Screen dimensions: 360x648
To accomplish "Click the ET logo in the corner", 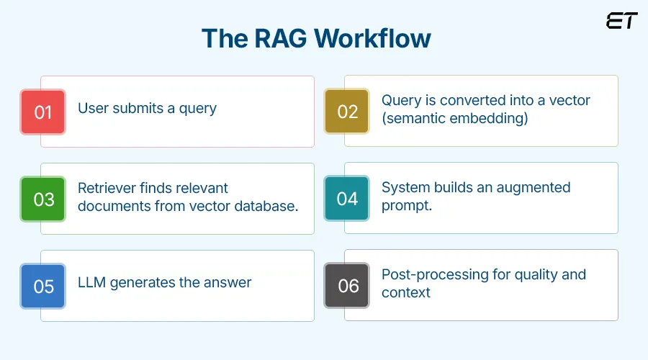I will click(621, 21).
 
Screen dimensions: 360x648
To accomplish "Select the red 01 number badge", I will click(43, 112).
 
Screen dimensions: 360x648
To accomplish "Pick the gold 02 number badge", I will click(347, 112).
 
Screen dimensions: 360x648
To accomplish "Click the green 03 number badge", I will click(43, 199).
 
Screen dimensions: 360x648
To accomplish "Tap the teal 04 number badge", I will click(347, 198).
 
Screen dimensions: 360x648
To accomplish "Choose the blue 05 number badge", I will click(43, 286).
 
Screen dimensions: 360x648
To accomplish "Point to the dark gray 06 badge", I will click(348, 285).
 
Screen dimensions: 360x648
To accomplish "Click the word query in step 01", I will click(197, 109).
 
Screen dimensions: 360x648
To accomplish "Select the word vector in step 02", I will click(568, 100).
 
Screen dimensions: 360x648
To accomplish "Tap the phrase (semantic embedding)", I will click(454, 118).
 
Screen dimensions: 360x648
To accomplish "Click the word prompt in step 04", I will click(407, 205).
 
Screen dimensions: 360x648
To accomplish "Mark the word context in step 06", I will click(406, 292).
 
